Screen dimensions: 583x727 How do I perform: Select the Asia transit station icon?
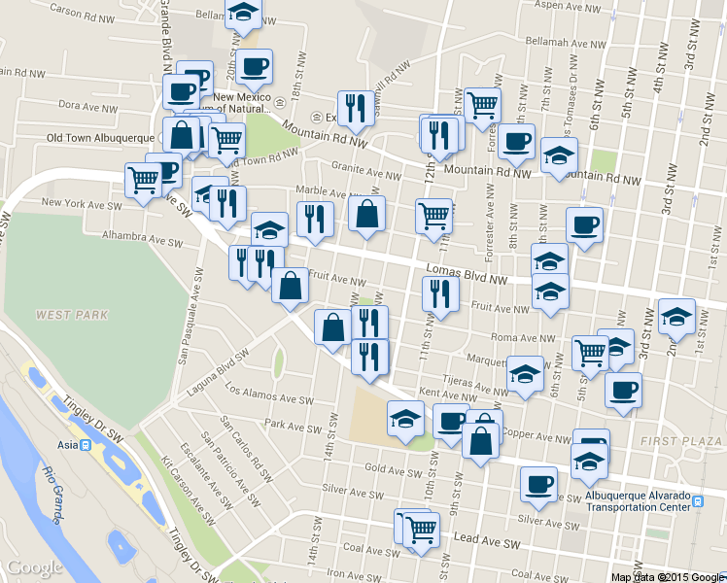point(86,445)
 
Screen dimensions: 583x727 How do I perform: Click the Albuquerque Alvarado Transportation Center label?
point(648,500)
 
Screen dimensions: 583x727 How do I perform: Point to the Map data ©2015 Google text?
point(668,576)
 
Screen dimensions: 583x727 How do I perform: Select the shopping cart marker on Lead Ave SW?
point(421,530)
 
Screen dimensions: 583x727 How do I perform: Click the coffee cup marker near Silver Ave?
point(537,484)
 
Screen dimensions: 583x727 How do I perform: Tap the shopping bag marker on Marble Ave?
point(366,216)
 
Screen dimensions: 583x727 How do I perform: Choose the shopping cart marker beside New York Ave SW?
point(143,180)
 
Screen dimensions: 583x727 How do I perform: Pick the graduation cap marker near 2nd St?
point(676,317)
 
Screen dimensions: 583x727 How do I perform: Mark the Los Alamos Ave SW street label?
point(269,394)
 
